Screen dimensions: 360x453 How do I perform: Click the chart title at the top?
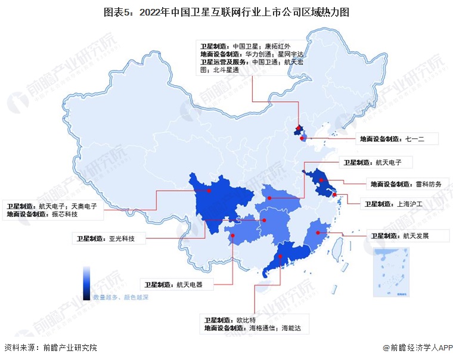tap(226, 12)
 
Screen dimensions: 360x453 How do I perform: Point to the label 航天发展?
tap(416, 236)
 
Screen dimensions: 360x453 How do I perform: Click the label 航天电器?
tap(190, 285)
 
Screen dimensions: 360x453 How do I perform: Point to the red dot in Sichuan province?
tap(209, 191)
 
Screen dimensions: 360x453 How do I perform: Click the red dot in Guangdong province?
tap(280, 257)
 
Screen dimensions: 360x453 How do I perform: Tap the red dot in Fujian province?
tap(318, 233)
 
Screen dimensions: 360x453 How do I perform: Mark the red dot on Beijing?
tap(298, 128)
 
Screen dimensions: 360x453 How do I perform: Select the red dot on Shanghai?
tap(335, 194)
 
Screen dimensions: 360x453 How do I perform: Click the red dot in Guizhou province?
tap(233, 235)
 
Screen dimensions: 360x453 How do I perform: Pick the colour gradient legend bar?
tap(87, 283)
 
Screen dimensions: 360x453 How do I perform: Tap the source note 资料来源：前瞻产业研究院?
tap(50, 347)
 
